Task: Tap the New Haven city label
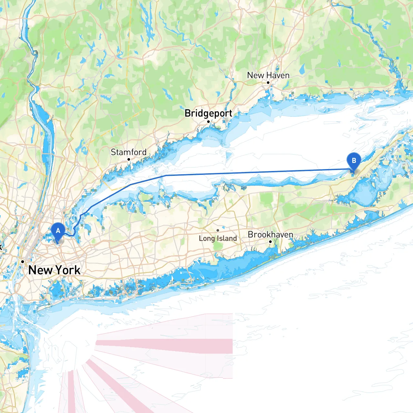click(x=268, y=75)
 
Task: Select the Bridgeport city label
click(x=208, y=113)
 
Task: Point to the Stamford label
click(x=128, y=152)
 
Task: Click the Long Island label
click(x=218, y=238)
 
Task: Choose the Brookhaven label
click(x=270, y=235)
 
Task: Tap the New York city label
click(x=54, y=270)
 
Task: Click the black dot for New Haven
click(x=268, y=83)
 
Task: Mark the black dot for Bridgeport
click(x=208, y=122)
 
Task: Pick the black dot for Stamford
click(x=128, y=159)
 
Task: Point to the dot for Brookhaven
click(x=270, y=242)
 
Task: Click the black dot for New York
click(x=23, y=262)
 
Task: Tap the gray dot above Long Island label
click(x=218, y=230)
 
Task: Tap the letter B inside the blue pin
click(x=354, y=160)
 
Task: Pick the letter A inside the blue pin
click(x=58, y=231)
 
